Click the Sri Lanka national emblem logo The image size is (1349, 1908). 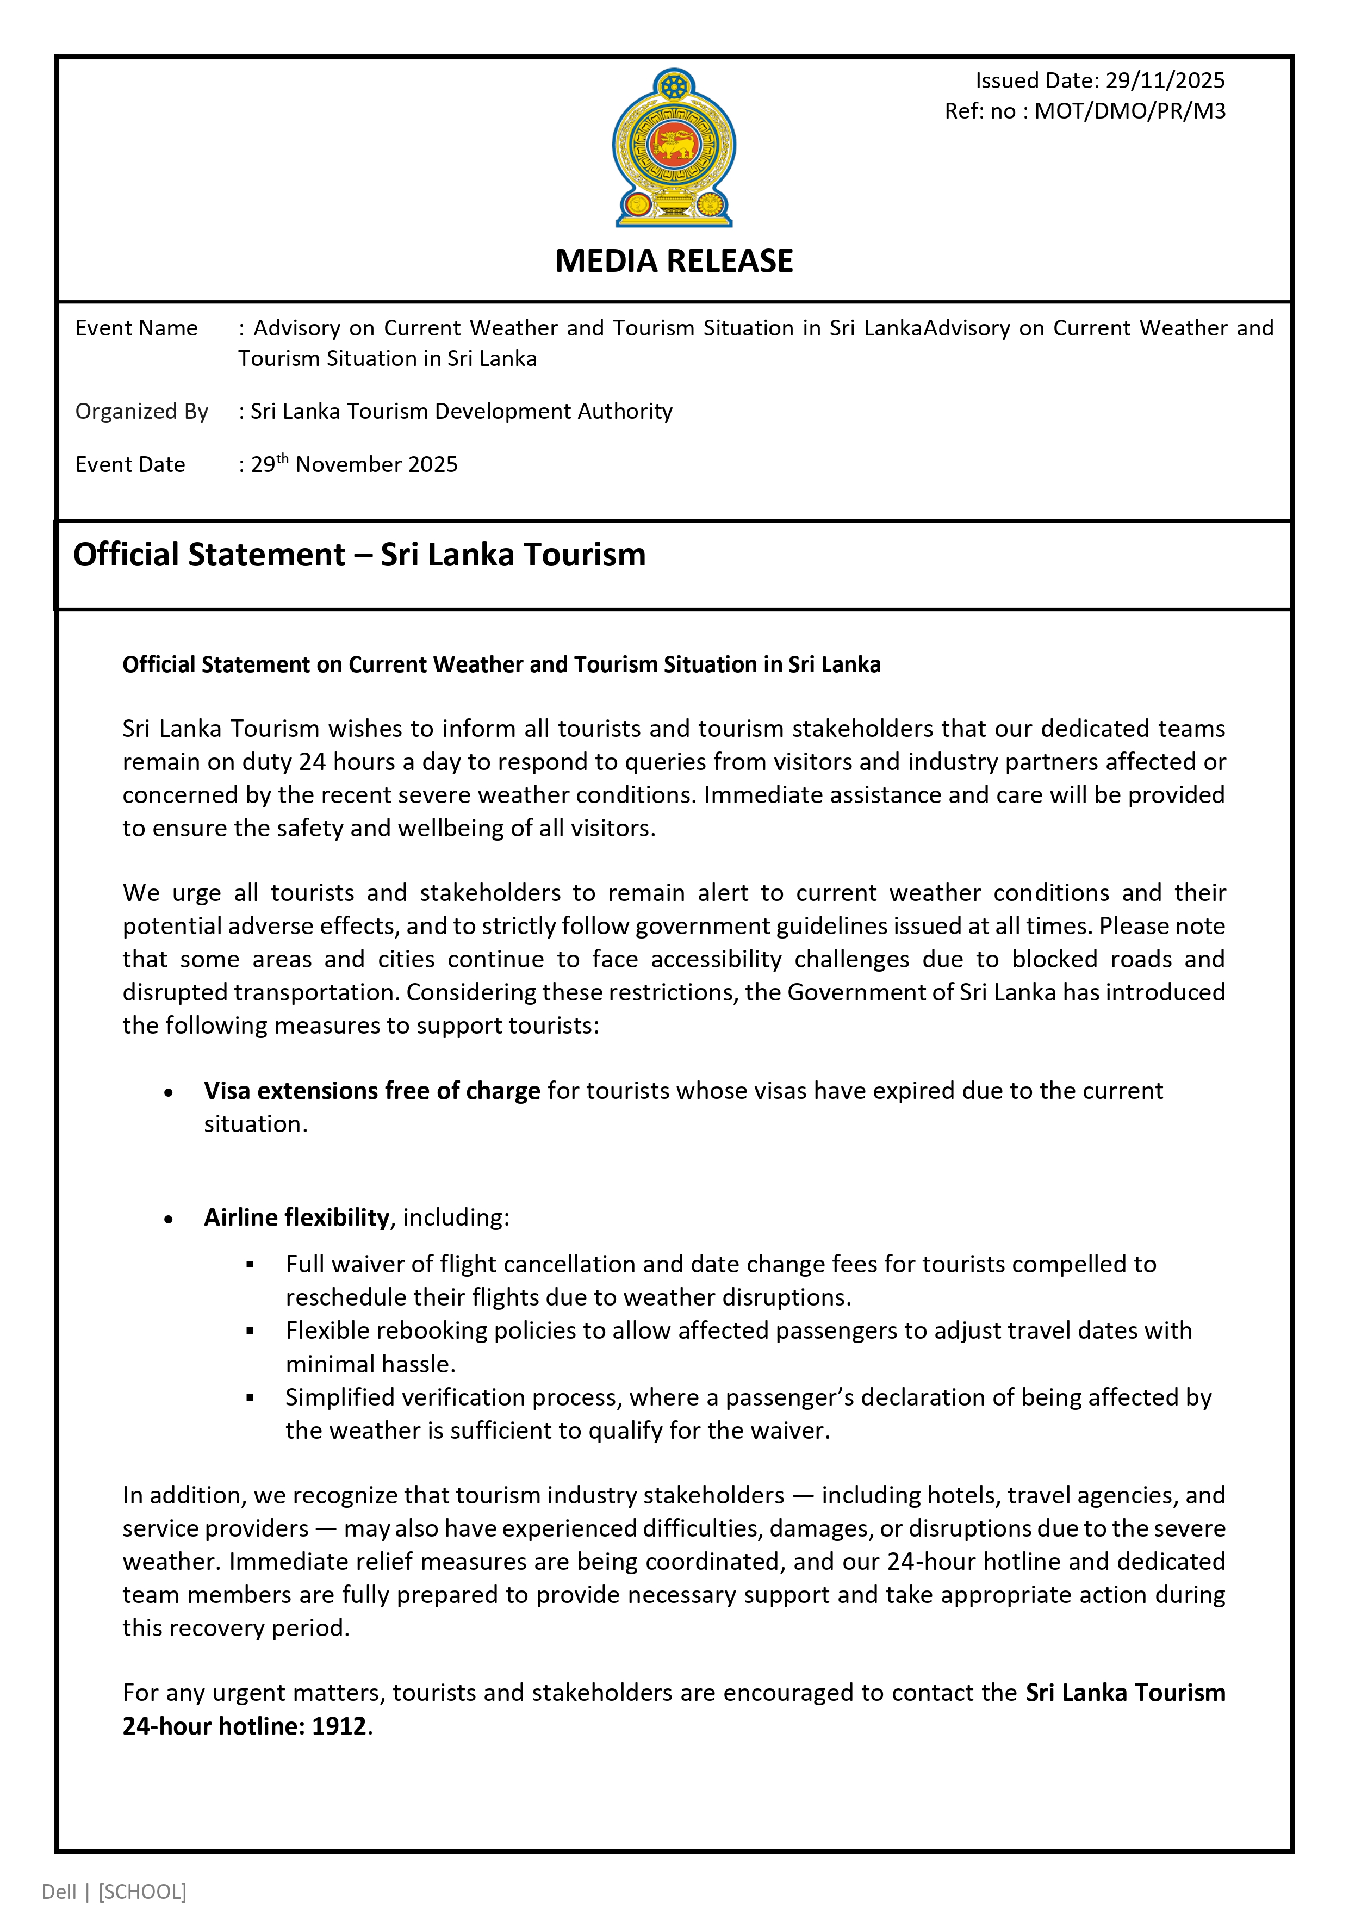pyautogui.click(x=674, y=148)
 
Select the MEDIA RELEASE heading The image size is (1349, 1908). pyautogui.click(x=674, y=261)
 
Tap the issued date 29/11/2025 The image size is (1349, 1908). pyautogui.click(x=1165, y=80)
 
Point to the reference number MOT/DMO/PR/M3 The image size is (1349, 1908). pyautogui.click(x=1129, y=111)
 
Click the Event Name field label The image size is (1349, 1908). pyautogui.click(x=136, y=328)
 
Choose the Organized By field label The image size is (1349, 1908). pyautogui.click(x=141, y=412)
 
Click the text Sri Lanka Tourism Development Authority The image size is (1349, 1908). pyautogui.click(x=461, y=412)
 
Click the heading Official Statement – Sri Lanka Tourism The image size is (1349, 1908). pyautogui.click(x=359, y=554)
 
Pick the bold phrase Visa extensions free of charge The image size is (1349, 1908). pyautogui.click(x=371, y=1090)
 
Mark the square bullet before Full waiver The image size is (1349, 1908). pyautogui.click(x=250, y=1265)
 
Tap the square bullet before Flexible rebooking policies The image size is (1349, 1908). pyautogui.click(x=250, y=1331)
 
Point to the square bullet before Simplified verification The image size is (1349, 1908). pyautogui.click(x=250, y=1398)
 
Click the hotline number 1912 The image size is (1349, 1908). pyautogui.click(x=339, y=1726)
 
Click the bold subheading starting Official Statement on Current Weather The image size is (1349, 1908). pyautogui.click(x=501, y=665)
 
